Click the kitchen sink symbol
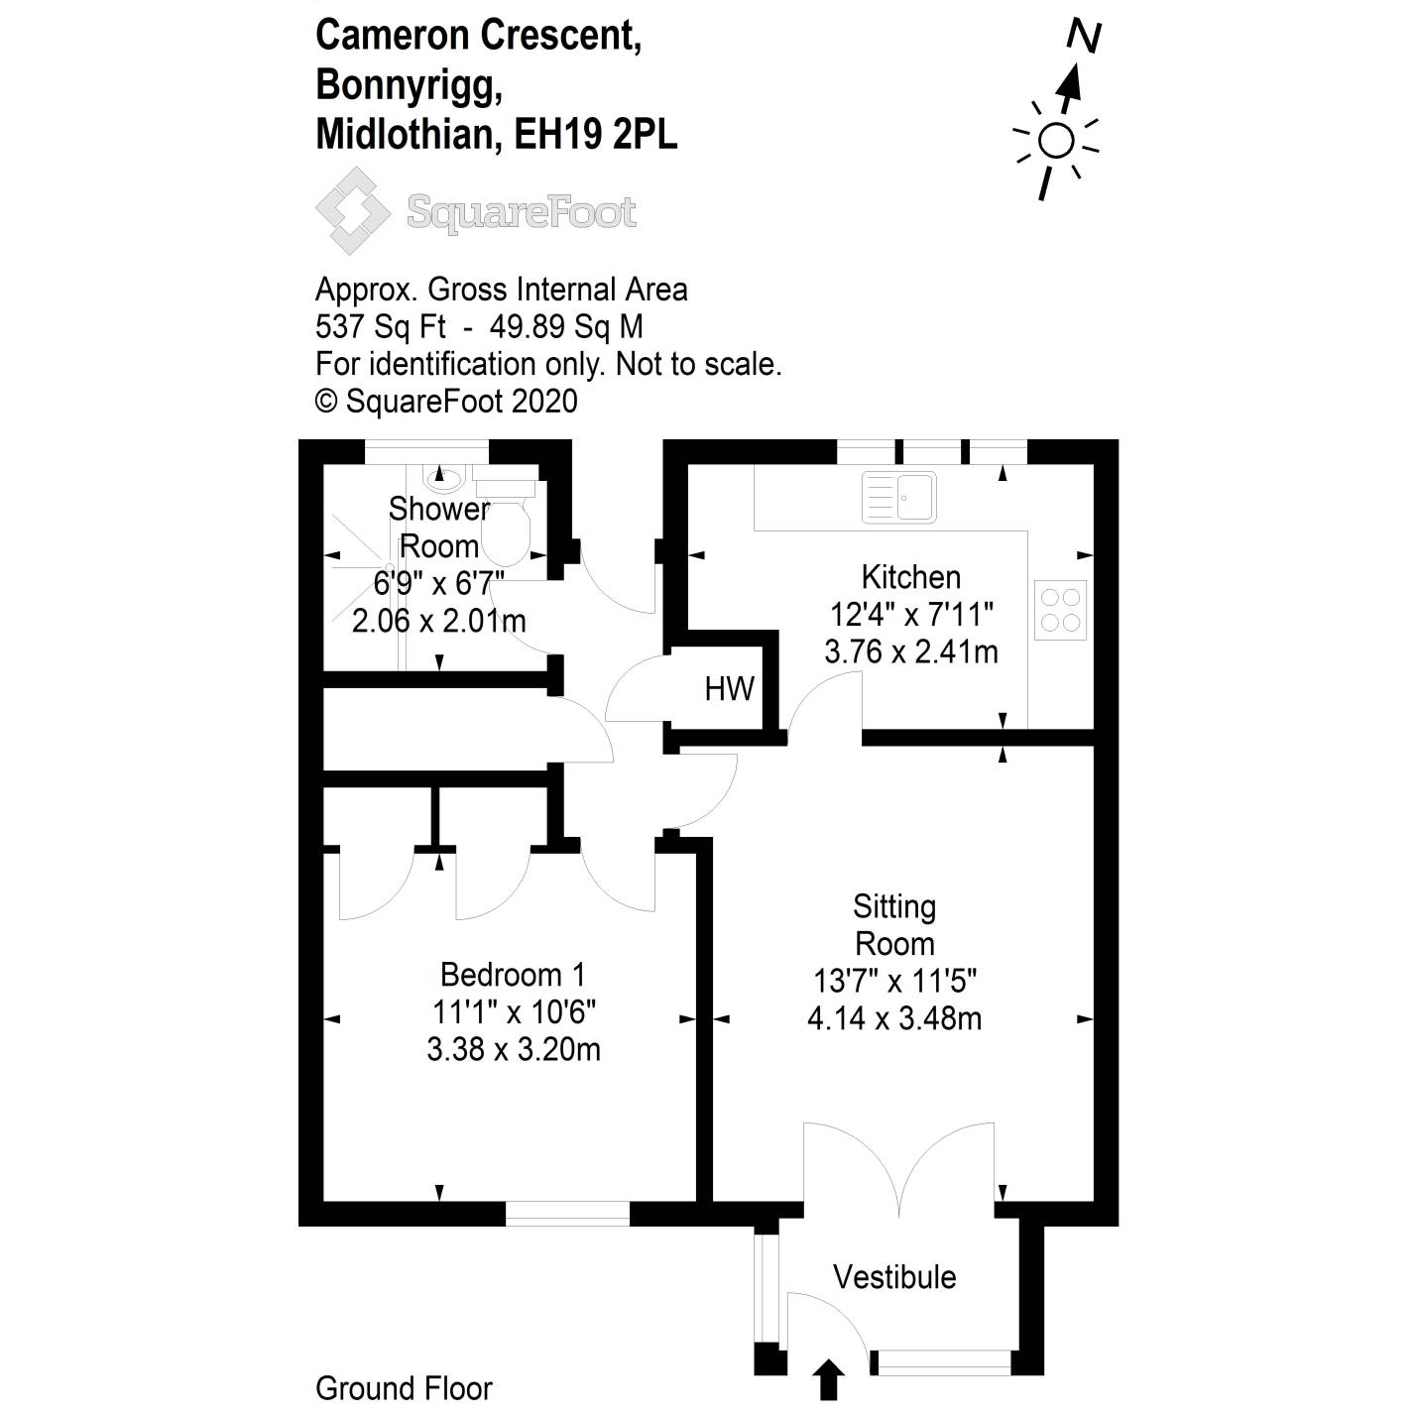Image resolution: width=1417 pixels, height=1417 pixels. coord(898,497)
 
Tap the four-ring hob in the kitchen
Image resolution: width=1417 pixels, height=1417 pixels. coord(1059,610)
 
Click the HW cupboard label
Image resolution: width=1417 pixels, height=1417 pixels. coord(729,688)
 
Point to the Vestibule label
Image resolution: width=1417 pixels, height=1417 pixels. coord(894,1277)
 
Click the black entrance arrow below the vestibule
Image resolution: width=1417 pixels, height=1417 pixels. coord(829,1379)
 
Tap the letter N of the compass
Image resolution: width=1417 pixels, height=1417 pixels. coord(1084,38)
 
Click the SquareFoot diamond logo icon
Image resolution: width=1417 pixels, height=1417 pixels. coord(352,211)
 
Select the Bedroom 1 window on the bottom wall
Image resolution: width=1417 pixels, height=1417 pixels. coord(567,1212)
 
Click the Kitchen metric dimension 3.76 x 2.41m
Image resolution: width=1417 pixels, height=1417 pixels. coord(910,651)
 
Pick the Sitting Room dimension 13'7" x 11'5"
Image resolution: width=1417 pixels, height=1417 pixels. coord(894,981)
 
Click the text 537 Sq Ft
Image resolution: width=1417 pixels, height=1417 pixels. coord(381,326)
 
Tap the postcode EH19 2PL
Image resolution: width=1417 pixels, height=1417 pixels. coord(595,134)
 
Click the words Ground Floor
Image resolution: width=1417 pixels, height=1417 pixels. coord(404,1388)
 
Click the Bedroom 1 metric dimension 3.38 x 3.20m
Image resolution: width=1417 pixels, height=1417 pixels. coord(513,1049)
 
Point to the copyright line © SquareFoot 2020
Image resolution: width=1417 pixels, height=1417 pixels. coord(446,401)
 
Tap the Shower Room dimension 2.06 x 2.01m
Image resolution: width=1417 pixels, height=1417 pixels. coord(438,621)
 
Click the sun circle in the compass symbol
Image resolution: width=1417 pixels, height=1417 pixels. coord(1056,142)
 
